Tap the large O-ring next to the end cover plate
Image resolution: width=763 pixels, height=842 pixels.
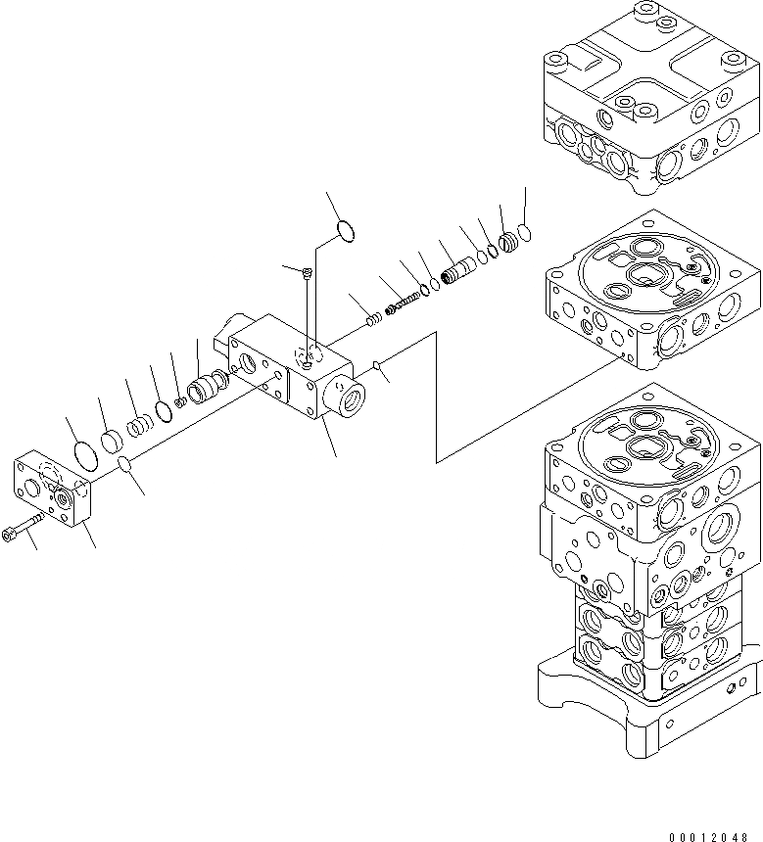(85, 455)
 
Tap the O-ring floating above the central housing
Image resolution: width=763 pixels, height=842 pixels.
(344, 231)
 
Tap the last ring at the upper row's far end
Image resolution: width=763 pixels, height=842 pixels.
(526, 232)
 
